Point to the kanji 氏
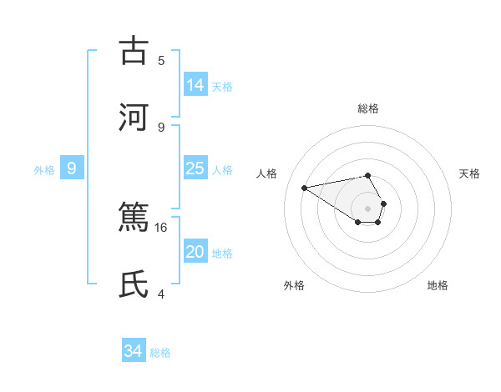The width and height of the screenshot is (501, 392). [x=133, y=284]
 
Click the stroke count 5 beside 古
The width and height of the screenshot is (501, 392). [x=161, y=60]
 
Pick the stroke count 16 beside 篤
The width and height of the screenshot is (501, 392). [x=162, y=227]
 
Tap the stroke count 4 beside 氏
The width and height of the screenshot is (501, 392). [x=161, y=294]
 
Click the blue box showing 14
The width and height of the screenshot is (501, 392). [x=195, y=85]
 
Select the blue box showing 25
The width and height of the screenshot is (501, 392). [x=195, y=168]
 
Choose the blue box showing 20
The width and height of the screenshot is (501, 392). [x=195, y=252]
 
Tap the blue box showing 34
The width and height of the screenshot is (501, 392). [x=134, y=351]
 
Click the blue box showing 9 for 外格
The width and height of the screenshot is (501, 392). [x=72, y=168]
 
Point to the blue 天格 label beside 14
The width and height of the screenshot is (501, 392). [x=222, y=87]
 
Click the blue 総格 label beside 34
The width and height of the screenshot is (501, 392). [x=160, y=353]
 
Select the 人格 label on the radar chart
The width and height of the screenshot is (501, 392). [x=267, y=173]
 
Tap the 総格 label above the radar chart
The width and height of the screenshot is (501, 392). [x=367, y=108]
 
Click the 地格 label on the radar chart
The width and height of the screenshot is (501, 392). [x=438, y=285]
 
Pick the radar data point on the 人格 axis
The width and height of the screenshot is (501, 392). [x=305, y=187]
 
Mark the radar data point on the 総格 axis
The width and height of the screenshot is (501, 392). [x=367, y=175]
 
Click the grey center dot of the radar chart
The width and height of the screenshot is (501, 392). [x=367, y=208]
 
